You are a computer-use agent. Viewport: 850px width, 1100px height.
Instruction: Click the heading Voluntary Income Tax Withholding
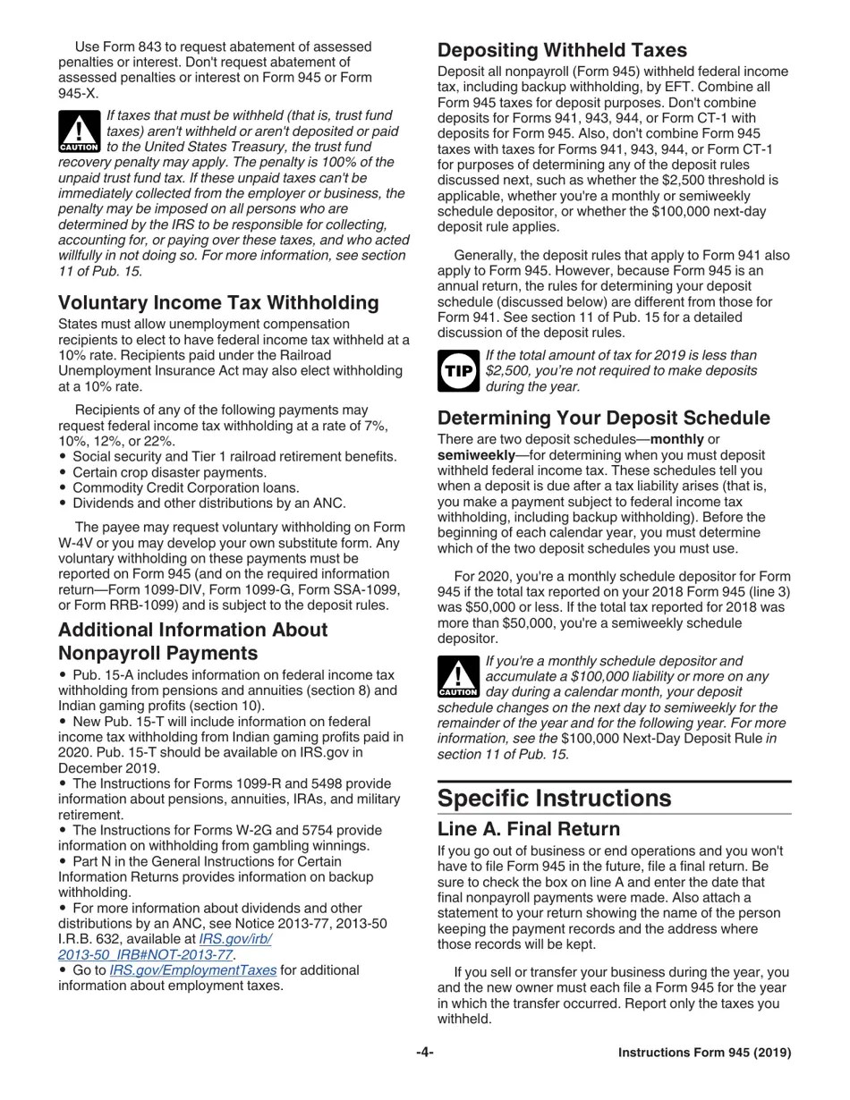tap(218, 302)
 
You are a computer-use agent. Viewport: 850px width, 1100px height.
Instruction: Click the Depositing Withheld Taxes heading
tap(562, 50)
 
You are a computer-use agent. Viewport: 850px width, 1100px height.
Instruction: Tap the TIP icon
tap(458, 370)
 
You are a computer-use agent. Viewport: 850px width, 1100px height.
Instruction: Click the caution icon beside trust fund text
tap(79, 131)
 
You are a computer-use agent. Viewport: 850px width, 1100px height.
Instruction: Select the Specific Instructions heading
tap(554, 798)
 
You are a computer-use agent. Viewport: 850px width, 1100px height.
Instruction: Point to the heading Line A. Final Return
tap(528, 829)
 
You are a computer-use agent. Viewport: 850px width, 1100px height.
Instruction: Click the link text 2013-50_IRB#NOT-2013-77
tap(146, 954)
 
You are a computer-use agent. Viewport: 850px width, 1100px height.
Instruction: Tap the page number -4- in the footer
tap(425, 1053)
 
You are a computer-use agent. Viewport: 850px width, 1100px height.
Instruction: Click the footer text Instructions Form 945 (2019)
tap(704, 1053)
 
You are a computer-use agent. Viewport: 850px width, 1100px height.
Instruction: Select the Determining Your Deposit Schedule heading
tap(603, 418)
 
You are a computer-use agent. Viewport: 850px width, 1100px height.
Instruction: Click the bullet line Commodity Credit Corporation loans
tap(185, 487)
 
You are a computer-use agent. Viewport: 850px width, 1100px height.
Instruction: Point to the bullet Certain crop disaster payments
tap(169, 472)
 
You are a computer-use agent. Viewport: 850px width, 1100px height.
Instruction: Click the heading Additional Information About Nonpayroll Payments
tap(192, 641)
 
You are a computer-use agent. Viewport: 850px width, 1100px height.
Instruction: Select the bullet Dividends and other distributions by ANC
tap(208, 503)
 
